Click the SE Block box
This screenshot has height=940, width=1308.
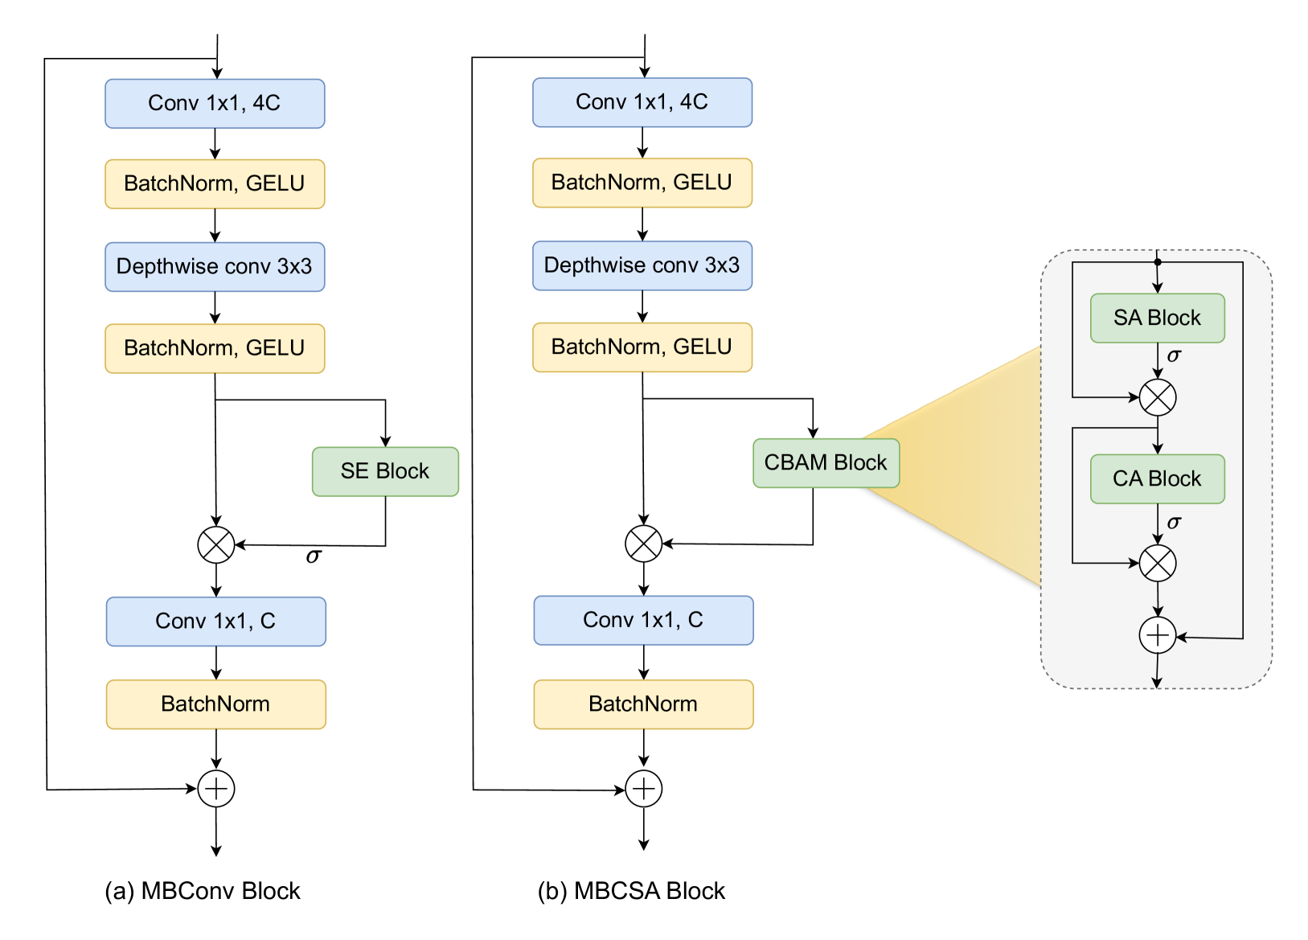point(385,471)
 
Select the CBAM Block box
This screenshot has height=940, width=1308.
point(826,463)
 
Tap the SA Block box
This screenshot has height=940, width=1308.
point(1157,318)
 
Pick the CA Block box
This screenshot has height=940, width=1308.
point(1157,479)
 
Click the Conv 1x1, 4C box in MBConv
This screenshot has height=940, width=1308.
point(215,104)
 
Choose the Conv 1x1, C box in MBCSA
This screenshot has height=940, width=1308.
point(643,620)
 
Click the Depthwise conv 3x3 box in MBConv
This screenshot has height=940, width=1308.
point(215,267)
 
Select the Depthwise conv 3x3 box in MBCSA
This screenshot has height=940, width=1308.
point(642,265)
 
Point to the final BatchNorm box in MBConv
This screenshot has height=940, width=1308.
point(215,704)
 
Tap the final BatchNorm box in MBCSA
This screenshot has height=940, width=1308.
point(643,704)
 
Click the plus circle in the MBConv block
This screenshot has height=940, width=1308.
point(216,789)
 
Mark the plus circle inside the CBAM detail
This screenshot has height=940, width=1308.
point(1158,636)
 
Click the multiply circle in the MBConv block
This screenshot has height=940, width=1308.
point(216,545)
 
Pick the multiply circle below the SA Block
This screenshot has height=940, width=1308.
point(1158,397)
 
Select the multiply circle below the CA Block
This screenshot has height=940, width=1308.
point(1158,563)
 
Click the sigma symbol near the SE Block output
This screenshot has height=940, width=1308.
point(314,556)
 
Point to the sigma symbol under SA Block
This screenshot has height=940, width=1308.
point(1175,355)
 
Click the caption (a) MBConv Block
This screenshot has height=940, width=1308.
point(203,891)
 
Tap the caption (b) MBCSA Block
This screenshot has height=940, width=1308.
point(631,891)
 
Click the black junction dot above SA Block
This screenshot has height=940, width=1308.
point(1158,262)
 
